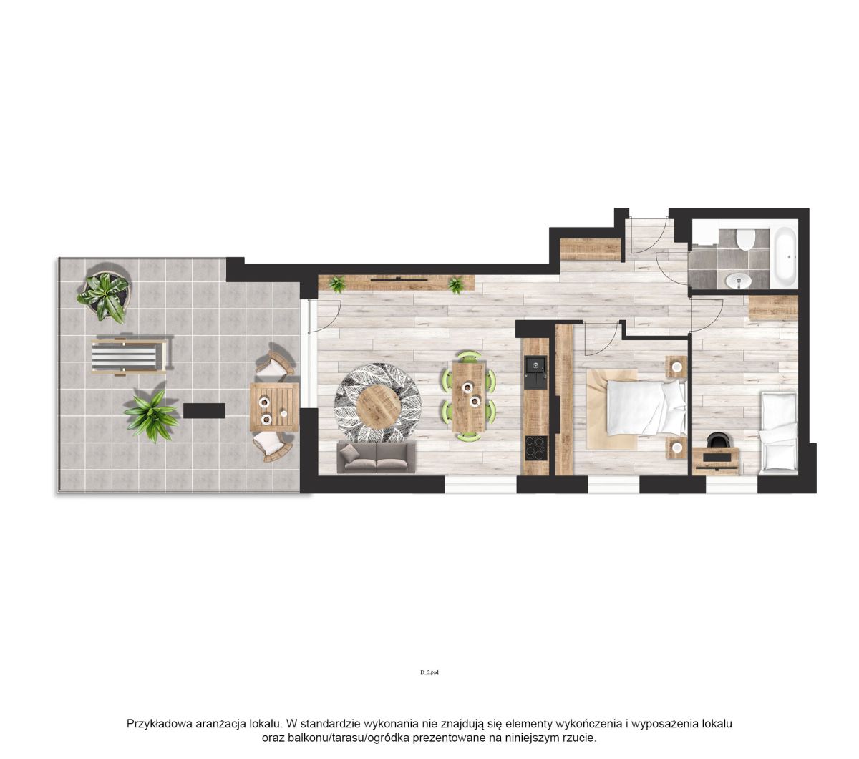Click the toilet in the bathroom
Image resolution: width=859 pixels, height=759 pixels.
pos(744,239)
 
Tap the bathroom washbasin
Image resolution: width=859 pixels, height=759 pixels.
pos(738,281)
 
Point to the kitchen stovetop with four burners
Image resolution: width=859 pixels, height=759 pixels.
pos(536,448)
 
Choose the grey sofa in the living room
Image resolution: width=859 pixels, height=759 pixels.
pos(376,458)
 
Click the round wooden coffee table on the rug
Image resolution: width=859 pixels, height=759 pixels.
pos(379,407)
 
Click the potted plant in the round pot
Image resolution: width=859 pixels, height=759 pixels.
pos(104,294)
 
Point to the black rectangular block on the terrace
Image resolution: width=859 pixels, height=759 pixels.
pos(204,411)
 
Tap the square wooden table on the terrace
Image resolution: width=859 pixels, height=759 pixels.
pos(274,407)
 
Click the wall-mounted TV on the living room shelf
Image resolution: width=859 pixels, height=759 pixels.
pos(399,279)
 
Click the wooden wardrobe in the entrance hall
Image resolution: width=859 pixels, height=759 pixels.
pos(591,249)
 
